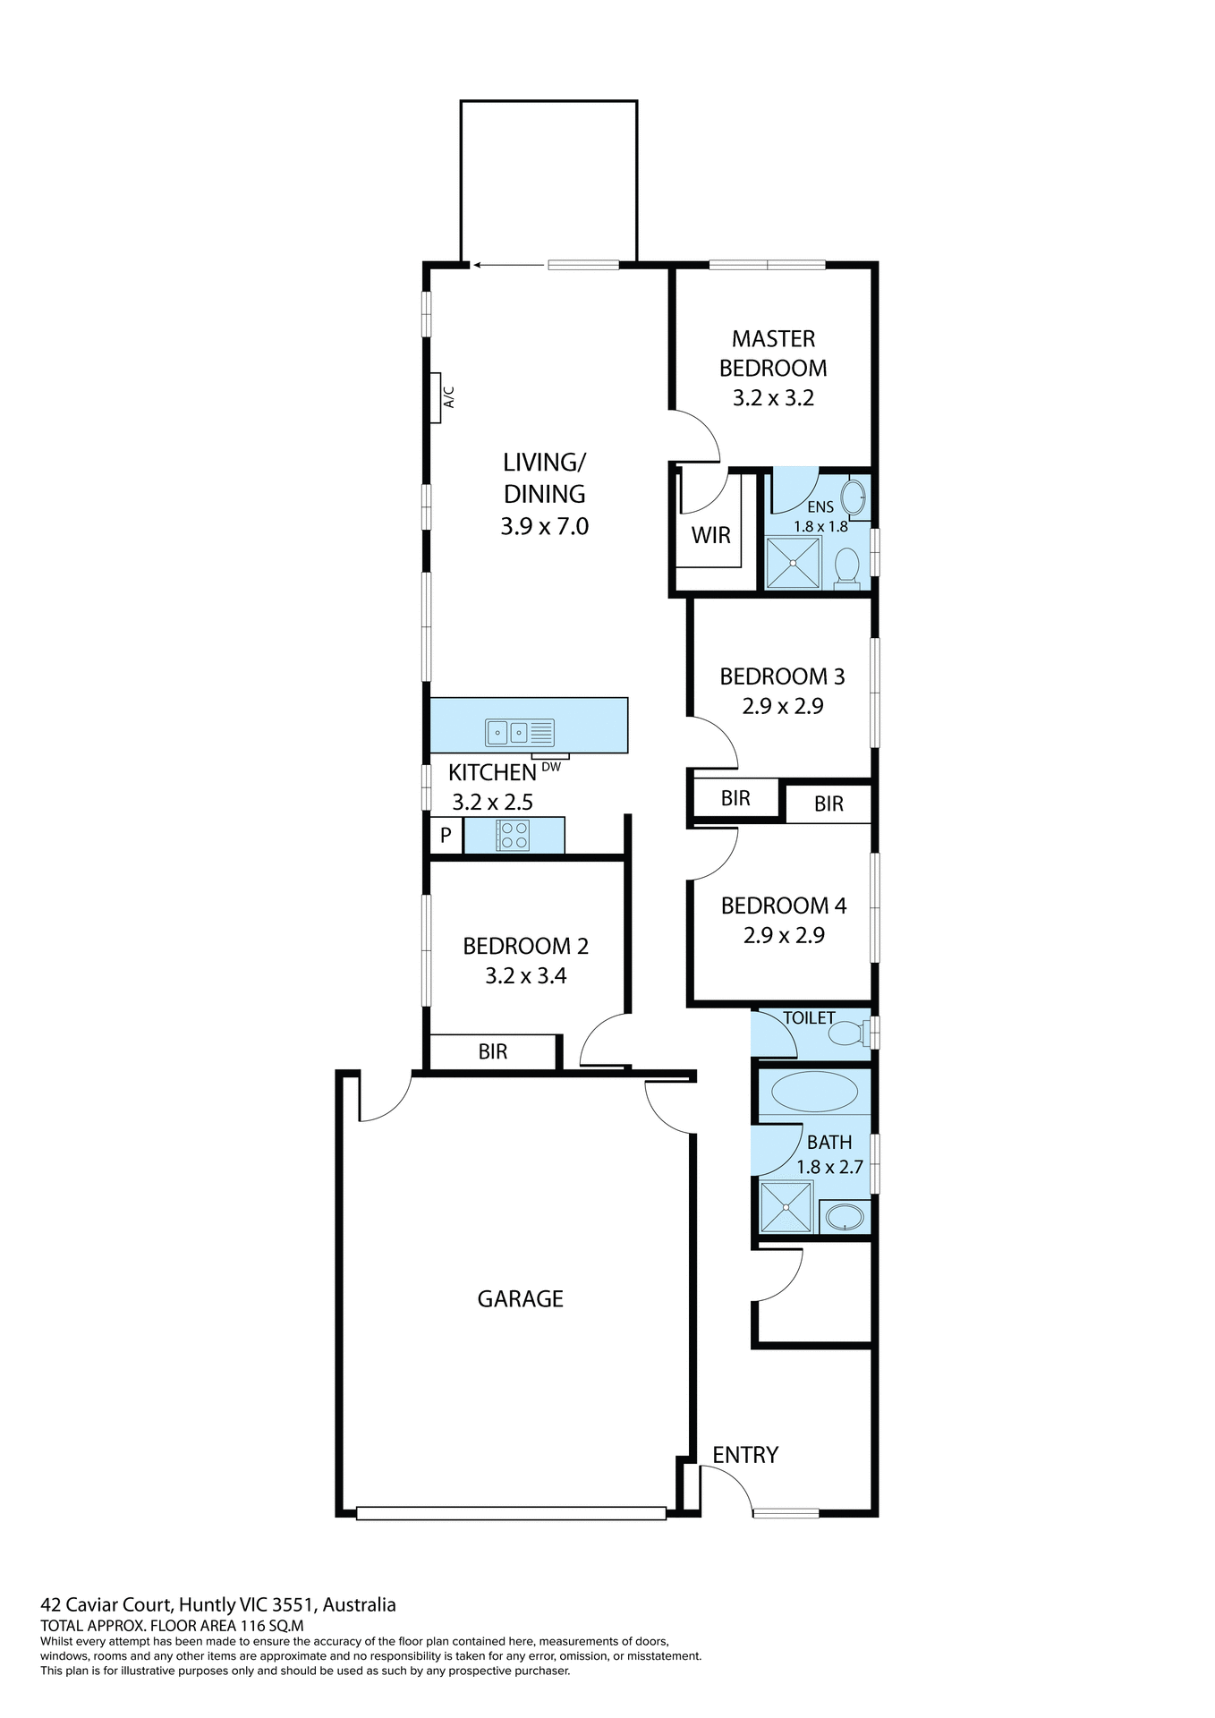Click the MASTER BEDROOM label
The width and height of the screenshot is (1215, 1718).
tap(773, 353)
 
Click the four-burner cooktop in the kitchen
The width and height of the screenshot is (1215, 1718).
tap(514, 836)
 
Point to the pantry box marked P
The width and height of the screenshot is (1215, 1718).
tap(446, 837)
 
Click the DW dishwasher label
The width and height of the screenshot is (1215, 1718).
tap(551, 767)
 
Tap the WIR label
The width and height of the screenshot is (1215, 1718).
tap(710, 535)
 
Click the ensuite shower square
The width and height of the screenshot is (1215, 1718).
tap(793, 563)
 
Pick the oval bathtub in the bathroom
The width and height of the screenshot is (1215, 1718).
tap(814, 1092)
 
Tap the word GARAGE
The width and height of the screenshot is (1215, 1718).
tap(520, 1298)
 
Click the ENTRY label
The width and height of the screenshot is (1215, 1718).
tap(745, 1455)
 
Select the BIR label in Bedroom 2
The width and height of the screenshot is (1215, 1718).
tap(492, 1051)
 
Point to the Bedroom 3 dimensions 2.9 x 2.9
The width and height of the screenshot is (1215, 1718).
tap(782, 706)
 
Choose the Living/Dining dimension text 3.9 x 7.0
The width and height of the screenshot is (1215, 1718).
tap(544, 526)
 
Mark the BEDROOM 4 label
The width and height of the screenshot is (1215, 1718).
tap(783, 906)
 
